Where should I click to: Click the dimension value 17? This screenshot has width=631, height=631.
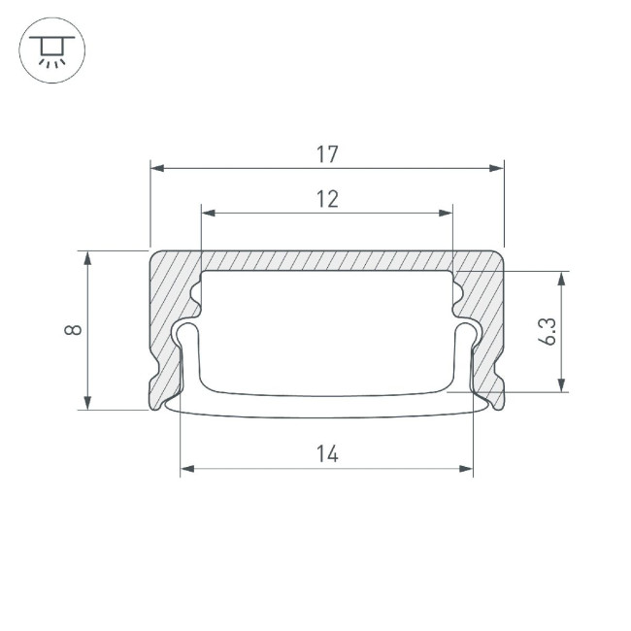pyautogui.click(x=327, y=153)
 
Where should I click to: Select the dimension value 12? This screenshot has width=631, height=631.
pyautogui.click(x=327, y=199)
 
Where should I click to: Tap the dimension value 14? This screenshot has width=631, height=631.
pyautogui.click(x=327, y=453)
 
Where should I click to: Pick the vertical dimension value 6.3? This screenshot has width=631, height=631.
pyautogui.click(x=547, y=332)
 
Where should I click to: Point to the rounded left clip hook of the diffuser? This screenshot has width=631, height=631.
pyautogui.click(x=183, y=335)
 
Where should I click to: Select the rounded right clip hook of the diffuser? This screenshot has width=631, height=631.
pyautogui.click(x=469, y=335)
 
